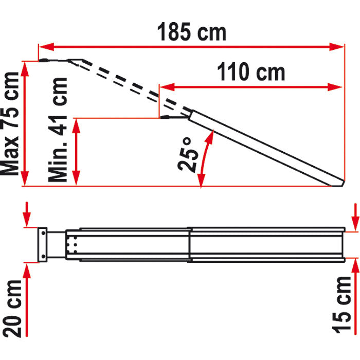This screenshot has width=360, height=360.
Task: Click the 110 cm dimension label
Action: click(250, 73)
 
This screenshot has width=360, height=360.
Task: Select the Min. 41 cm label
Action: click(58, 130)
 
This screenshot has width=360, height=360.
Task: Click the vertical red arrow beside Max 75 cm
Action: click(26, 123)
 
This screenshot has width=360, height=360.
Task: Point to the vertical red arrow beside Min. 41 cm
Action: click(77, 152)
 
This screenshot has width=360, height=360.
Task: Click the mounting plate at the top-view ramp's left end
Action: click(43, 244)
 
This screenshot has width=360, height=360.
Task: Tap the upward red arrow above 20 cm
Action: click(28, 273)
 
